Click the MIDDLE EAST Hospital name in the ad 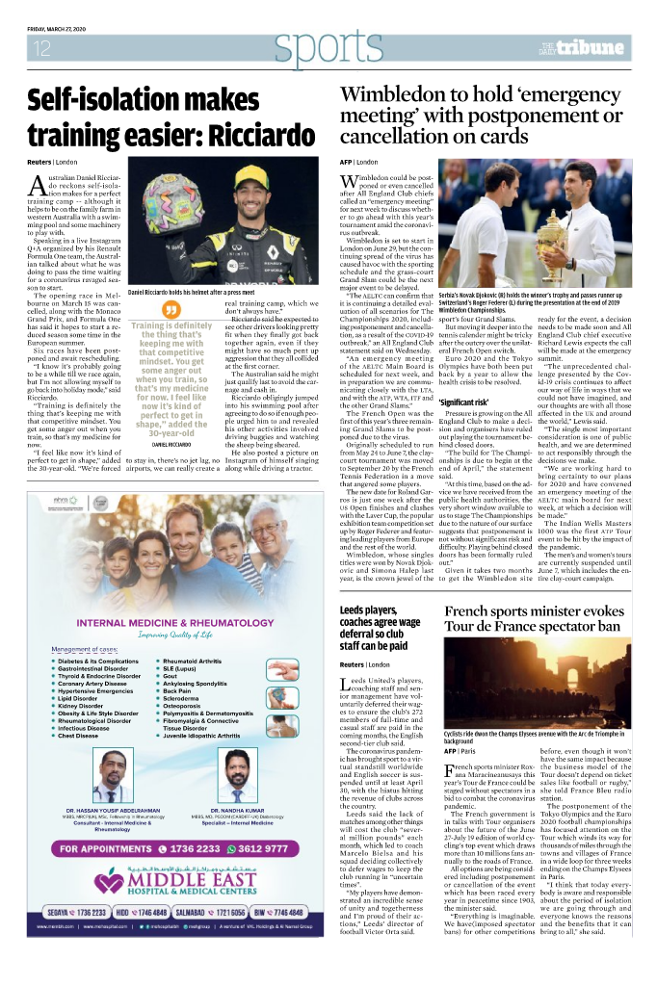pos(193,880)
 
